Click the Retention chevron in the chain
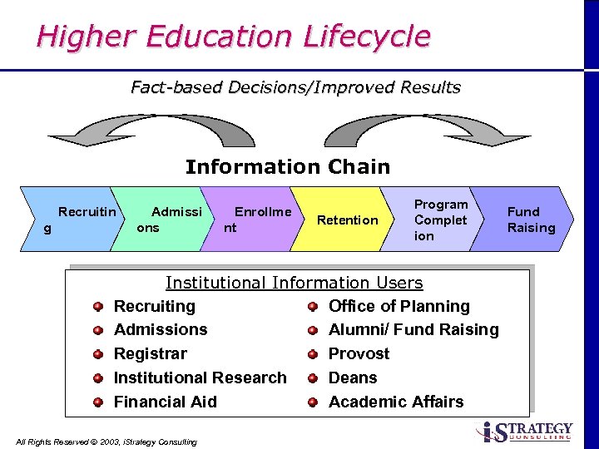pos(347,220)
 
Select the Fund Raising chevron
pos(529,220)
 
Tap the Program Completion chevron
pos(439,220)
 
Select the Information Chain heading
pos(287,166)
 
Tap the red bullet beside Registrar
pos(98,354)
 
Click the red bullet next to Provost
pos(313,354)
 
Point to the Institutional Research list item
pos(200,377)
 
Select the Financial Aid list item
pos(165,402)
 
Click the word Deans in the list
pos(353,377)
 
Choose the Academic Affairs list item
pos(396,402)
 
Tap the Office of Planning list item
pos(399,306)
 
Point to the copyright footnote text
pos(106,442)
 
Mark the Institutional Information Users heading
pos(294,284)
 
